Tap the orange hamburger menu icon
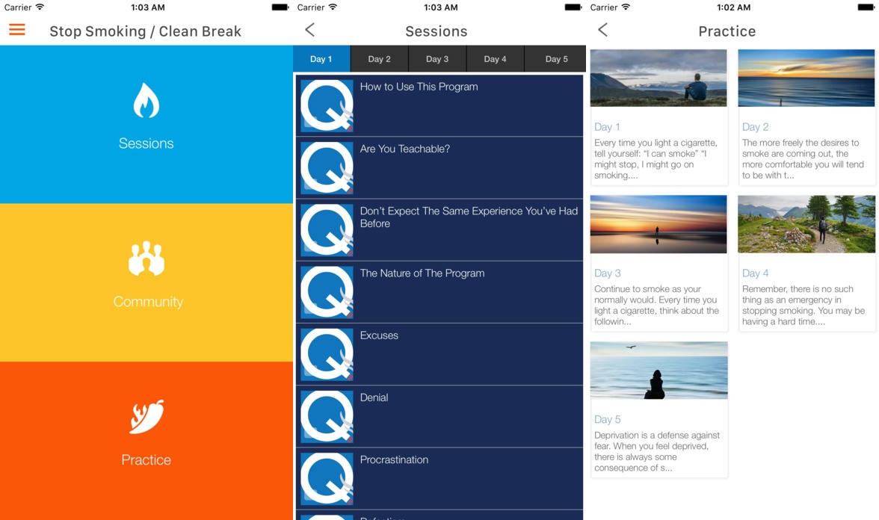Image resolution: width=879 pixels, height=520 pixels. [16, 30]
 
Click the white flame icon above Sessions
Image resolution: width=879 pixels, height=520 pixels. [146, 101]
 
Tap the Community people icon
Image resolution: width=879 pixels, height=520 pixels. [146, 259]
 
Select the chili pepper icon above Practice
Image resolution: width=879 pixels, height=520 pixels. [146, 416]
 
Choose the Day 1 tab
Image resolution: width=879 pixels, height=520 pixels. [321, 59]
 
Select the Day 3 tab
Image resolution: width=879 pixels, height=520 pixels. [437, 59]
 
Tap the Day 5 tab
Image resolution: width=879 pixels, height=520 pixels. [556, 59]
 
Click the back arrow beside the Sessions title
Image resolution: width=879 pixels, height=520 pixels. [310, 30]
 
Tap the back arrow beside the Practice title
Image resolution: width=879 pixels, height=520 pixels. [602, 30]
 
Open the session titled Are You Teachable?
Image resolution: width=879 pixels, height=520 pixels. [405, 149]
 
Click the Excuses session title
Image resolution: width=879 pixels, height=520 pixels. [379, 335]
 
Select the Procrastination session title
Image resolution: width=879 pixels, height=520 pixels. [394, 460]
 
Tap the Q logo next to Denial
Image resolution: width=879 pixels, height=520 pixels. [327, 416]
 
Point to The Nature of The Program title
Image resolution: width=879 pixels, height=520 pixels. [422, 273]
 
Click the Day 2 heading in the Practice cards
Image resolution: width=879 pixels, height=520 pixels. [755, 127]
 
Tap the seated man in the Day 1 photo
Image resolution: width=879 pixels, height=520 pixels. [697, 87]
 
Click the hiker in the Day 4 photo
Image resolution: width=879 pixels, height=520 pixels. [822, 230]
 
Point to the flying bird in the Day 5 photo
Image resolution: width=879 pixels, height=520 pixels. [631, 347]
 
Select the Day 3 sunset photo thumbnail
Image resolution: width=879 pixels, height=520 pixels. [659, 224]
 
